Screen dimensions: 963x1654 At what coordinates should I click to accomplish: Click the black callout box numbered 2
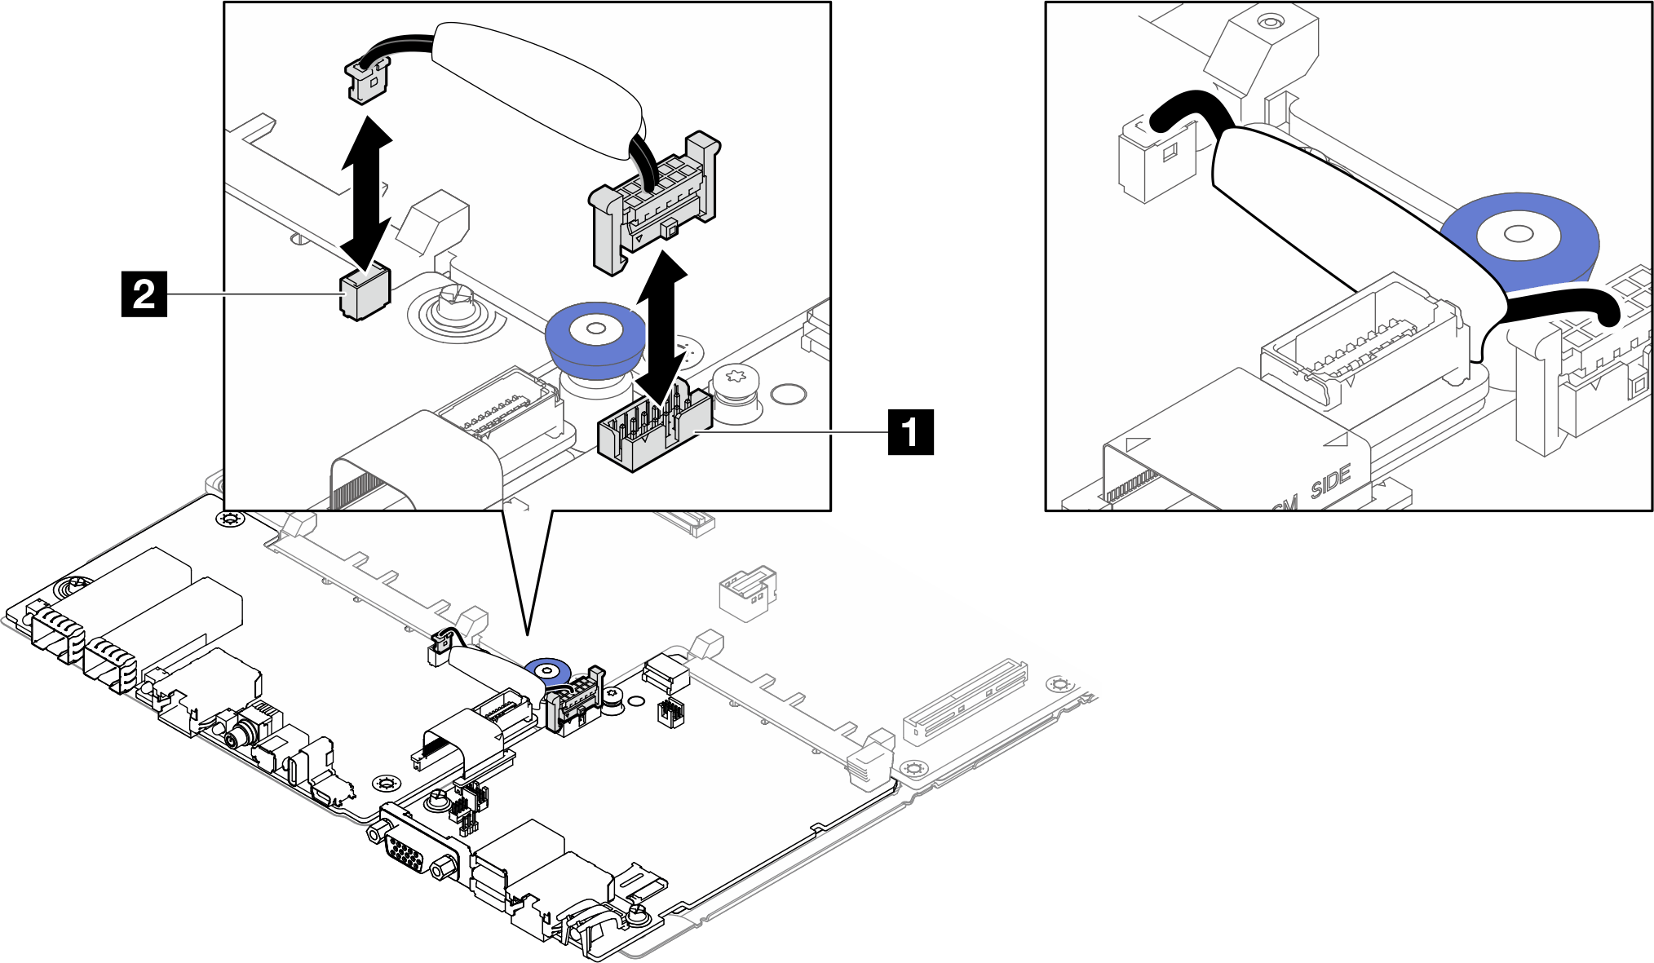pos(144,294)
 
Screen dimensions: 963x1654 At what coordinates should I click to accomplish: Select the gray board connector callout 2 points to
pos(365,292)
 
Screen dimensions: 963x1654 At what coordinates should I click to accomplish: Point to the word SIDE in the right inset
pos(1331,481)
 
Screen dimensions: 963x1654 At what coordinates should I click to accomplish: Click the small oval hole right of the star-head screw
pos(788,395)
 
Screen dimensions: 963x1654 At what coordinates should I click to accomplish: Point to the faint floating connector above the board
pos(746,593)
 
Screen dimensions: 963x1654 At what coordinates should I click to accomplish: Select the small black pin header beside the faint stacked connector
pos(670,712)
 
